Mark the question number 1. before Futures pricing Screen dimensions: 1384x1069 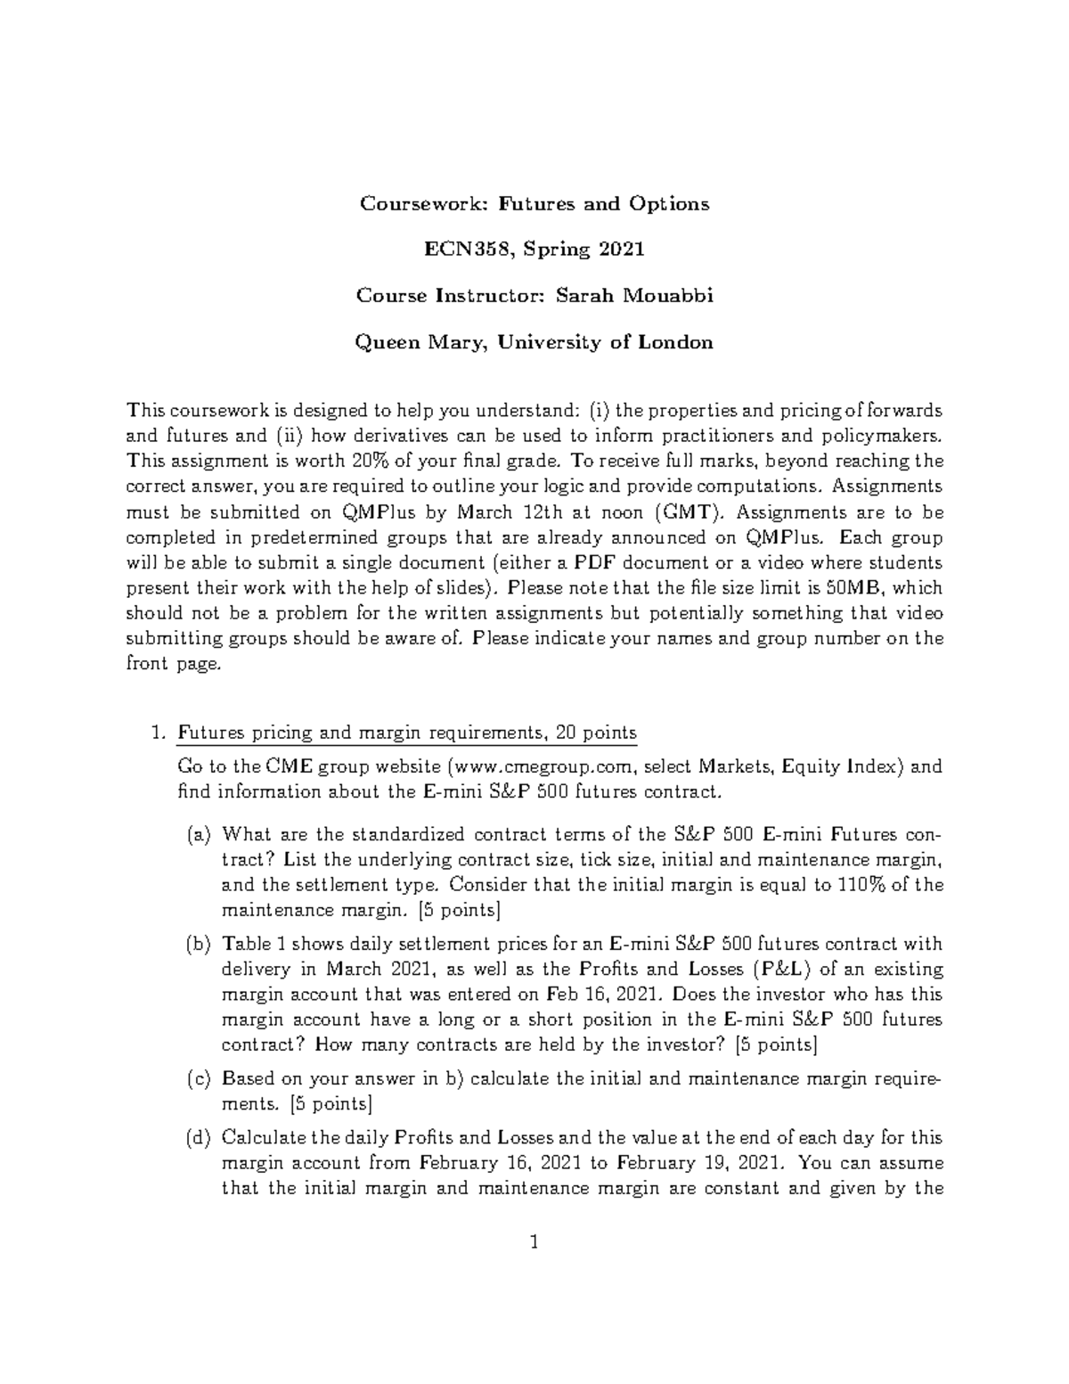click(159, 733)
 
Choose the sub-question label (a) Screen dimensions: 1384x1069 click(199, 835)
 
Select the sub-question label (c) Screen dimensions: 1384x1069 click(199, 1079)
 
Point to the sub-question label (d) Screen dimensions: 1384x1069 click(199, 1138)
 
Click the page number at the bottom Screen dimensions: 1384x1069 click(534, 1242)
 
